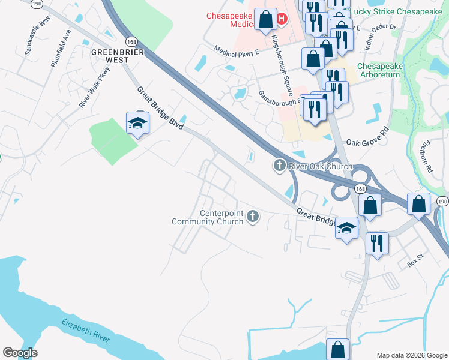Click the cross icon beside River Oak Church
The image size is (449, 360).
tap(279, 166)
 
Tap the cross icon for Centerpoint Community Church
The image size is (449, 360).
tap(253, 216)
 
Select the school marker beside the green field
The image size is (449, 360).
tap(137, 124)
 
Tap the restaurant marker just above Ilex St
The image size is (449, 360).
tap(377, 244)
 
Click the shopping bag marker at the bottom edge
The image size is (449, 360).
tap(337, 349)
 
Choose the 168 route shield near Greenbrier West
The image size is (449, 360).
tap(131, 41)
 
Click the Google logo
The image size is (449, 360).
tap(20, 353)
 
